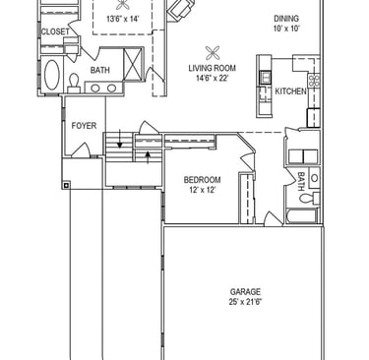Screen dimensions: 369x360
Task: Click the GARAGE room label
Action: point(245,292)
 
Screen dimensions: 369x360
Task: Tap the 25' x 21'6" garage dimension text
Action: point(245,302)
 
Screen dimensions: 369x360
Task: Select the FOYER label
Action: point(84,126)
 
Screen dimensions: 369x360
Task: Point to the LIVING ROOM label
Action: point(212,68)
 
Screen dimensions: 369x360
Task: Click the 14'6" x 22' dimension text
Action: point(212,79)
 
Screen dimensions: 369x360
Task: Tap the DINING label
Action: point(286,19)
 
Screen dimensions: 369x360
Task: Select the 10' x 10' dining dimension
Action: point(286,29)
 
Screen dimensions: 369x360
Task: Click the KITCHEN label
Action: point(290,91)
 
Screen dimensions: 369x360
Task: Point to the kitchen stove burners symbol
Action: point(314,81)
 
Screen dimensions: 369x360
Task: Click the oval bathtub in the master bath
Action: point(52,75)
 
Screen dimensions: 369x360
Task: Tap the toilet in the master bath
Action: point(74,84)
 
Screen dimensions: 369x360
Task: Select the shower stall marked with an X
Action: point(133,64)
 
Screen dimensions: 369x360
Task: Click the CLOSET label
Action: point(55,31)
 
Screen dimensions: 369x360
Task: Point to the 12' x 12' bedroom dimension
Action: point(202,190)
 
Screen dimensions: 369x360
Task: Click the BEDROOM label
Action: point(202,180)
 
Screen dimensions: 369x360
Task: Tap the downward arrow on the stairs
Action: point(120,138)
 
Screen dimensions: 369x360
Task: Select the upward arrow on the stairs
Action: point(148,157)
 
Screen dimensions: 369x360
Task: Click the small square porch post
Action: point(66,186)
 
